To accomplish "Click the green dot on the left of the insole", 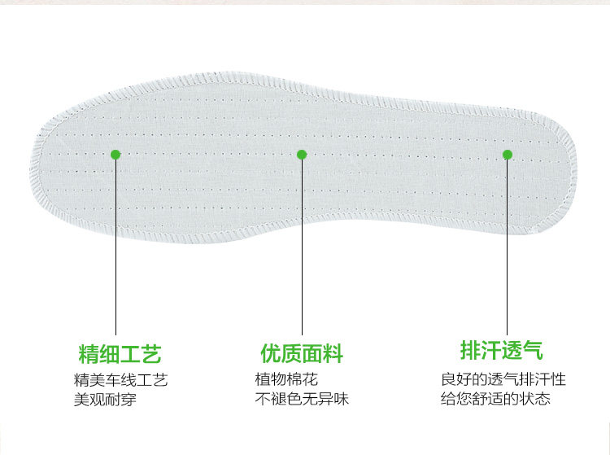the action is point(115,154).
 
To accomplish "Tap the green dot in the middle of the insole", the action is point(301,155).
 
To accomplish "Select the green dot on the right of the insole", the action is point(508,154).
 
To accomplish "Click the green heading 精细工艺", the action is point(120,354).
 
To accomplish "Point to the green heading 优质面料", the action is point(302,354).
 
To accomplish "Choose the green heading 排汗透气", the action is point(501,351).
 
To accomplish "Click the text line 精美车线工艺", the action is point(120,380).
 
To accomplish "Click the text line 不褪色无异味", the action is point(302,399).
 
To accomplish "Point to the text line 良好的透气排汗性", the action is point(503,380).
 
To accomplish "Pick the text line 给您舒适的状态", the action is point(495,399).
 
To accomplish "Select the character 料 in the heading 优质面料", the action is point(333,354).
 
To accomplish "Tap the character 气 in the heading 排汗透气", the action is point(532,351).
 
